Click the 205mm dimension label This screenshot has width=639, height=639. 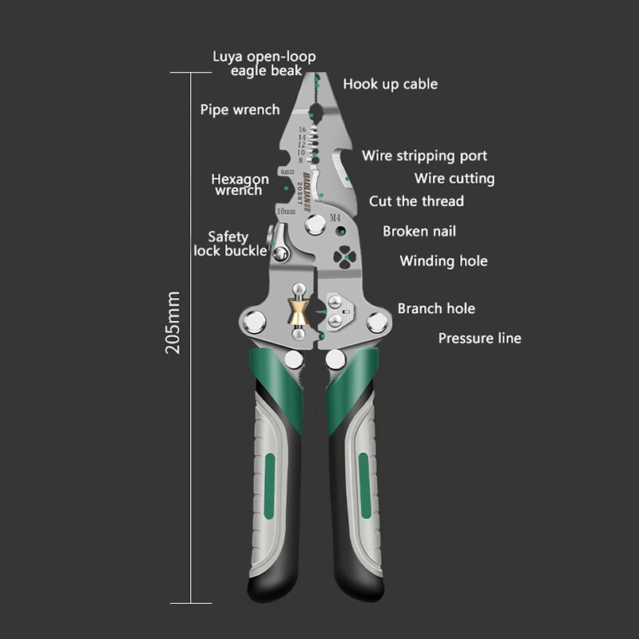tap(174, 323)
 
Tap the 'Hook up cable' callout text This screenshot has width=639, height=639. tap(390, 84)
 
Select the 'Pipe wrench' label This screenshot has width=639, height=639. tap(240, 109)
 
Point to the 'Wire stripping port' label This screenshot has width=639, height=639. tap(424, 156)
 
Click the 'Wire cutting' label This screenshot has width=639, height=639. tap(454, 179)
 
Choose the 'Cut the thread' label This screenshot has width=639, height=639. tap(416, 201)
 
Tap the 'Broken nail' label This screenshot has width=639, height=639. tap(419, 232)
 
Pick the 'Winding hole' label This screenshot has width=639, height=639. tap(443, 261)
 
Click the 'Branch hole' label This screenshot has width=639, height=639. tap(436, 308)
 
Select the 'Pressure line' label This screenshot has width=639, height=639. tap(479, 339)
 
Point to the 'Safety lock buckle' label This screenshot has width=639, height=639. tap(229, 244)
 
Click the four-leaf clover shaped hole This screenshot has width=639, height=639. tap(343, 257)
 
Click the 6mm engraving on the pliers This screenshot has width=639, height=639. tap(288, 172)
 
